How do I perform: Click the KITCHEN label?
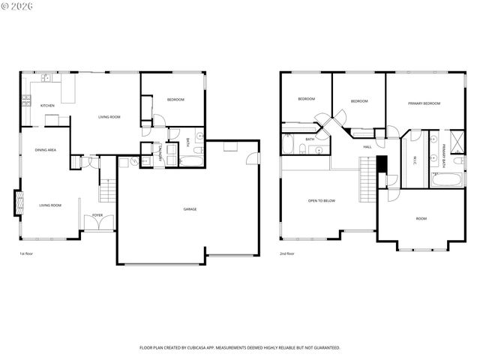point(47,105)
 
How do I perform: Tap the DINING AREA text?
point(46,150)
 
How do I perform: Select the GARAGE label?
point(190,208)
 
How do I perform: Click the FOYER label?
point(97,215)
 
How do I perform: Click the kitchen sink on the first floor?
point(46,77)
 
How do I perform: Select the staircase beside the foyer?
point(107,191)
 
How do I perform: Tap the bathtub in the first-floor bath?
point(193,160)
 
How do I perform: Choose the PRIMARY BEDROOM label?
point(424,103)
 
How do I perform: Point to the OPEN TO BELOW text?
point(321,200)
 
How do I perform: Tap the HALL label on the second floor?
point(367,146)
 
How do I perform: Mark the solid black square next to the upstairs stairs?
point(382,164)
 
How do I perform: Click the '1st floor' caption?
point(27,253)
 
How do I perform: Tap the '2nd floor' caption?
point(286,253)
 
